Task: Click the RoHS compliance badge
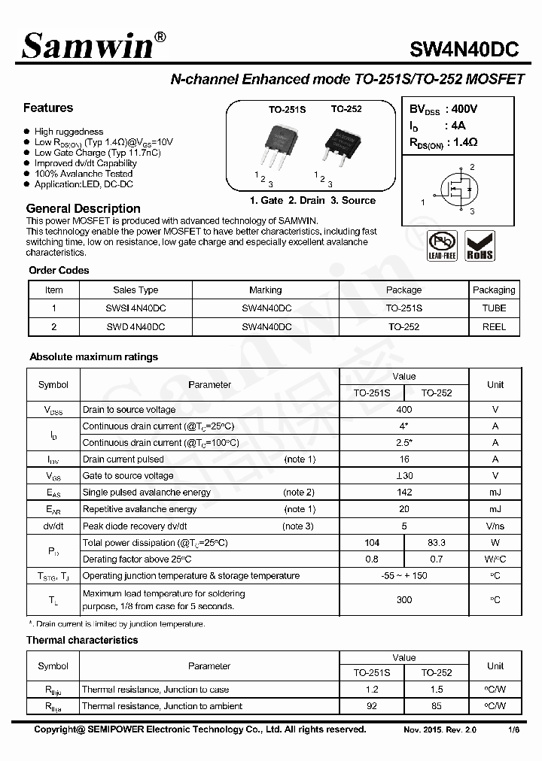[x=480, y=246]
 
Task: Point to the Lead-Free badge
[x=443, y=246]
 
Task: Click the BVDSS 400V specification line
[x=443, y=109]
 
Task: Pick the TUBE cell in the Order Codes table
[x=494, y=308]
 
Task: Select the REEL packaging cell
[x=494, y=327]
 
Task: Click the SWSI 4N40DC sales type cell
[x=135, y=308]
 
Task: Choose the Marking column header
[x=265, y=290]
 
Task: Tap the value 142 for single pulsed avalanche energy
[x=404, y=493]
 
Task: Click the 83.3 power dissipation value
[x=436, y=542]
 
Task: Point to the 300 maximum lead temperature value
[x=404, y=600]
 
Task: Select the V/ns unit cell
[x=495, y=526]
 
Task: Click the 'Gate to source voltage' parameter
[x=128, y=476]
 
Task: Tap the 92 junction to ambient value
[x=372, y=706]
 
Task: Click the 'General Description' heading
[x=83, y=208]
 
